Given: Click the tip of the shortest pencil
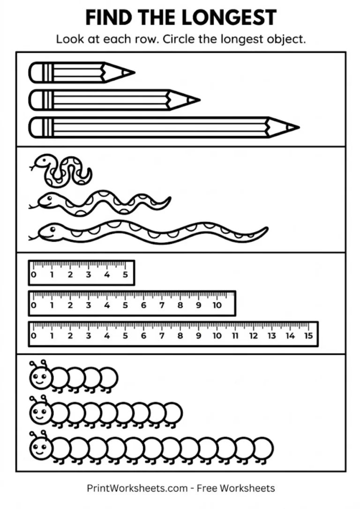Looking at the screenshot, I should point(134,73).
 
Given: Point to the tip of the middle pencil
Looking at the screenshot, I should point(198,100).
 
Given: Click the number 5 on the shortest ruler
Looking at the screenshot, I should point(125,275).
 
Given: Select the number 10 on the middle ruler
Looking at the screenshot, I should point(217,306).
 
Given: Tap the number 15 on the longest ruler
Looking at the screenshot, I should point(308,336).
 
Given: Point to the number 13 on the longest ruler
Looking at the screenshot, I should point(272,336).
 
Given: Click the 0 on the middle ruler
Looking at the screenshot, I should point(33,306).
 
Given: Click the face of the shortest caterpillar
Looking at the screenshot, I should point(39,376).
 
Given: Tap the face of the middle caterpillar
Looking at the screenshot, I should point(39,412).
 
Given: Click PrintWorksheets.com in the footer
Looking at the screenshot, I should point(137,488).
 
